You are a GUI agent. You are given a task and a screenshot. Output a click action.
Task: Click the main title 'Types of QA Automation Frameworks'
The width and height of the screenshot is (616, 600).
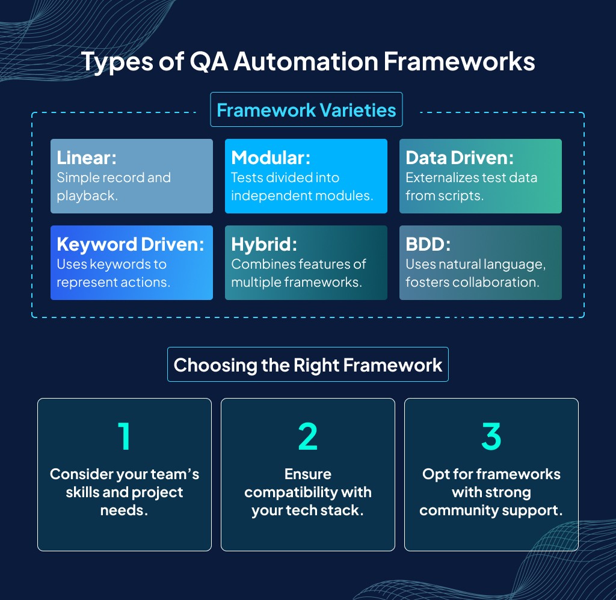307,61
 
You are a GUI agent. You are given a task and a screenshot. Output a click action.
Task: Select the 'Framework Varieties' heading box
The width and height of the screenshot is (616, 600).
306,110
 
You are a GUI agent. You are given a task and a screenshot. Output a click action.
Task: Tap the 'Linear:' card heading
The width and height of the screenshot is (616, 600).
87,158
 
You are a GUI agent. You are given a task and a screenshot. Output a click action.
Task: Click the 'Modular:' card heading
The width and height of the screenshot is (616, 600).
271,158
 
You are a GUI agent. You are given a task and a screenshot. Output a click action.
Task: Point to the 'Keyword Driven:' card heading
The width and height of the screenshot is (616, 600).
131,244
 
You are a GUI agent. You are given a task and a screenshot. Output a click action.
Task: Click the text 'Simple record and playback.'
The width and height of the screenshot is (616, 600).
114,186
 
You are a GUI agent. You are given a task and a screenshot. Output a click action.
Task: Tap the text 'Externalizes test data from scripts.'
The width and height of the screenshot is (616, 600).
471,186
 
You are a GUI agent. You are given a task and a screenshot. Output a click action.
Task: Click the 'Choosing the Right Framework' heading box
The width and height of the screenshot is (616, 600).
307,365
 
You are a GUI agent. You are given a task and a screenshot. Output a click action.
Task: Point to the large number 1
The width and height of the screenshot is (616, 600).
125,436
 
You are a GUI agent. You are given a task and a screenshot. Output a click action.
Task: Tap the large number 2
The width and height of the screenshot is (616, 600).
308,436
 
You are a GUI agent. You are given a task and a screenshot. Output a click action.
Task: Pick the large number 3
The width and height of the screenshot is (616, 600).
491,436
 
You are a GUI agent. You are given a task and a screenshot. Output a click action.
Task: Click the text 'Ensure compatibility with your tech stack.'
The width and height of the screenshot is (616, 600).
308,492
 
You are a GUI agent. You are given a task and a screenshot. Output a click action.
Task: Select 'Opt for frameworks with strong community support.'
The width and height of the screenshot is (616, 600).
491,492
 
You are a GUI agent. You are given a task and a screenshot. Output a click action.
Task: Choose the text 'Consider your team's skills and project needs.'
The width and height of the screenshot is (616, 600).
125,492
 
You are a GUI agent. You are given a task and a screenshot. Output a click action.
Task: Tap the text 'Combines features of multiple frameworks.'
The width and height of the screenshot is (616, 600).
298,273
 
